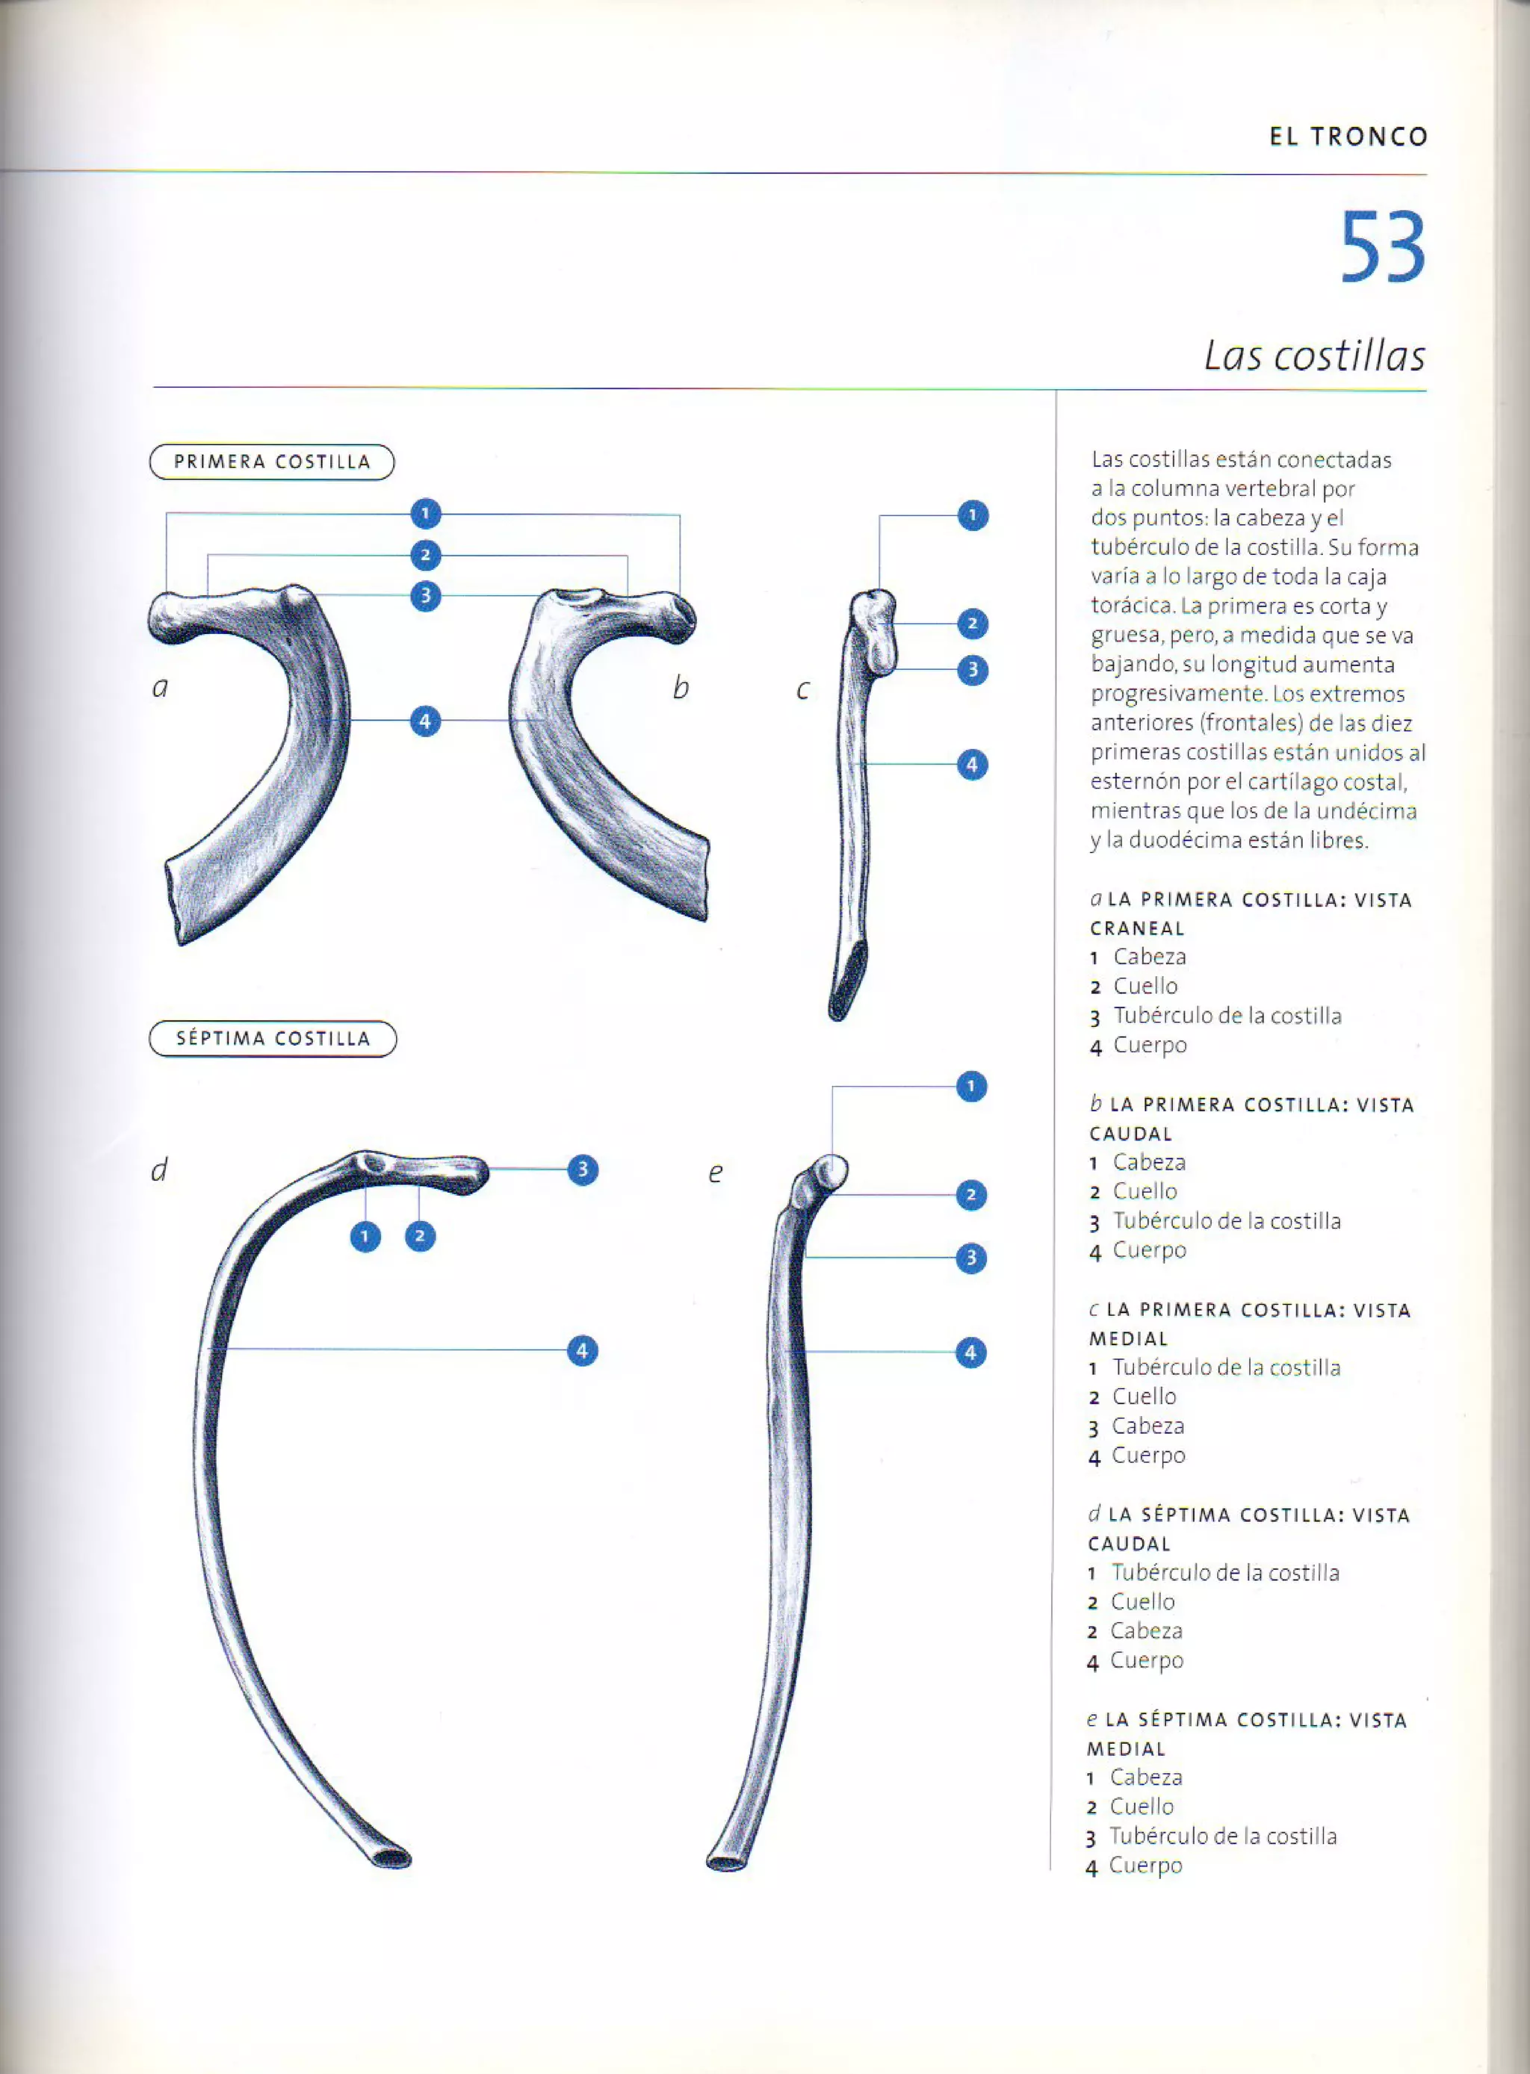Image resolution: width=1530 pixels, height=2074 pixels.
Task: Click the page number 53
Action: pos(1382,248)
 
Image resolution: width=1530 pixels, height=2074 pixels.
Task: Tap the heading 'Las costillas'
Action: pos(1313,356)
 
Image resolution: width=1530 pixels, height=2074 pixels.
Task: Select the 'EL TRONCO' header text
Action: pos(1348,137)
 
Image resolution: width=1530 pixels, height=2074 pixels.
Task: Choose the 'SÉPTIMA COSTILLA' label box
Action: pos(272,1039)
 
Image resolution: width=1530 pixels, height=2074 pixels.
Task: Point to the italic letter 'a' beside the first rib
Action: pos(160,687)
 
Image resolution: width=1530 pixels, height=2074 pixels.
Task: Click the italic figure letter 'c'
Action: pos(803,689)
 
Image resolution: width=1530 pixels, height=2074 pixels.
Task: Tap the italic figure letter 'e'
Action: pos(715,1173)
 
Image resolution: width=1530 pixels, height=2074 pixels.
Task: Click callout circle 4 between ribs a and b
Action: pos(425,721)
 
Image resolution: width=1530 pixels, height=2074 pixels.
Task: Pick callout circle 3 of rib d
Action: pos(583,1170)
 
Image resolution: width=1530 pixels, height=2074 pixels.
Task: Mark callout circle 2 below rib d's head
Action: pos(420,1236)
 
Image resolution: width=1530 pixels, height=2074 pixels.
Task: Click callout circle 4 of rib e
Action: pos(970,1353)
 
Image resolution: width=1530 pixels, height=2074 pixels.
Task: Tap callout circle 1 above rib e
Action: pos(970,1086)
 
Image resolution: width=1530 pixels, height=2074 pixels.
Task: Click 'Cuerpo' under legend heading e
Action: pos(1146,1865)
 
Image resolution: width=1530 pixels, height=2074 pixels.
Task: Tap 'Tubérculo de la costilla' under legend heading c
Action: pos(1226,1367)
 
